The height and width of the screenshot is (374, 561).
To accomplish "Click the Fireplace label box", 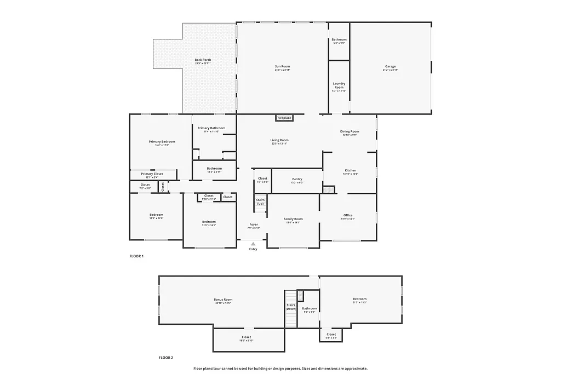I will click(x=284, y=118).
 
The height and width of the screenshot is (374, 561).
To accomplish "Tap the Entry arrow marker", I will click(x=253, y=244).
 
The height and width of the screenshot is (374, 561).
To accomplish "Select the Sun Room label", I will click(x=282, y=66).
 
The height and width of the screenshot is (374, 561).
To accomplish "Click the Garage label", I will click(x=390, y=66).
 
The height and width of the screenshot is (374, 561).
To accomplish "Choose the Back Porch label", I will click(x=203, y=60).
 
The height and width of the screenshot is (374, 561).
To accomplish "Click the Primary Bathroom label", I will click(x=214, y=128).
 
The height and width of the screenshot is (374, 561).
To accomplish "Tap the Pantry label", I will click(x=297, y=179).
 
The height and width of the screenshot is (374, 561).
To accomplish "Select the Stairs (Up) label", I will click(x=260, y=202).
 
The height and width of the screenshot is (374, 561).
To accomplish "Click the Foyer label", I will click(x=254, y=225).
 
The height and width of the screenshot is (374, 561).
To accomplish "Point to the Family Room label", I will click(x=293, y=219).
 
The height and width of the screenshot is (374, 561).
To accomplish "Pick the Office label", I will click(x=348, y=215).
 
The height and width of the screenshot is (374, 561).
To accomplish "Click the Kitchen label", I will click(x=351, y=170).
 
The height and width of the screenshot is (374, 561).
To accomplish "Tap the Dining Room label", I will click(x=350, y=131).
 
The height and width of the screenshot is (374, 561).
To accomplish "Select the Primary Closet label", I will click(x=152, y=174).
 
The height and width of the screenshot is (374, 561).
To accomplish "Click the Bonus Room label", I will click(x=223, y=300).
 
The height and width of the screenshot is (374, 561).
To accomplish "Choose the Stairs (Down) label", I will click(x=290, y=307).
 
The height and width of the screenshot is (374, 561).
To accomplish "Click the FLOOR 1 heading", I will click(x=136, y=256).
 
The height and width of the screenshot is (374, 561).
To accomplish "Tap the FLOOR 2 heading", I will click(x=166, y=358).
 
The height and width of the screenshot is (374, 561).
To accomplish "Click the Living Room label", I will click(x=279, y=140).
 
